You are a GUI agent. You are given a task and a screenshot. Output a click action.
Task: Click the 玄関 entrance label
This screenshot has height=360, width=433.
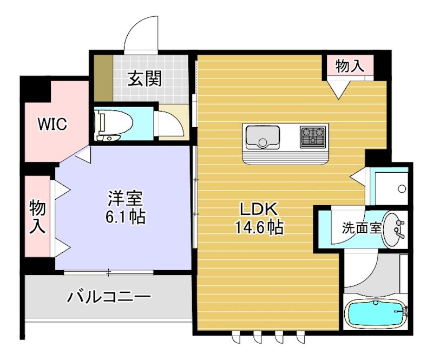tap(145, 79)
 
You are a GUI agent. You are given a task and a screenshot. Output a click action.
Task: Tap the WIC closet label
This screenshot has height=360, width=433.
tap(51, 124)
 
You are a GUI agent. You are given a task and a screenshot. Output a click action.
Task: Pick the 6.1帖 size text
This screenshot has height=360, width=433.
tap(124, 217)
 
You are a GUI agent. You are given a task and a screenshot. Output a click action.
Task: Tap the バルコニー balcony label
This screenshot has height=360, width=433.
tap(109, 297)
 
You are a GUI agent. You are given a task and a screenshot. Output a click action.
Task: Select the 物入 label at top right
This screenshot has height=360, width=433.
tap(349, 66)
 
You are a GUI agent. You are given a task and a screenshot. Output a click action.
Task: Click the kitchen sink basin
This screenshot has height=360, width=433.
tap(263, 136)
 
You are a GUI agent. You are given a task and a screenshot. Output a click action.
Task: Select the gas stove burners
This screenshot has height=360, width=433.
tap(313, 136)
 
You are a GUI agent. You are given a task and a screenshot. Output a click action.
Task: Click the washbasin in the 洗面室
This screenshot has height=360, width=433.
tap(395, 230)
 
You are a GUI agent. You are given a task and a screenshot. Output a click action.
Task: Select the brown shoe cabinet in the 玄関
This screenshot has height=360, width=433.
tap(102, 78)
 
